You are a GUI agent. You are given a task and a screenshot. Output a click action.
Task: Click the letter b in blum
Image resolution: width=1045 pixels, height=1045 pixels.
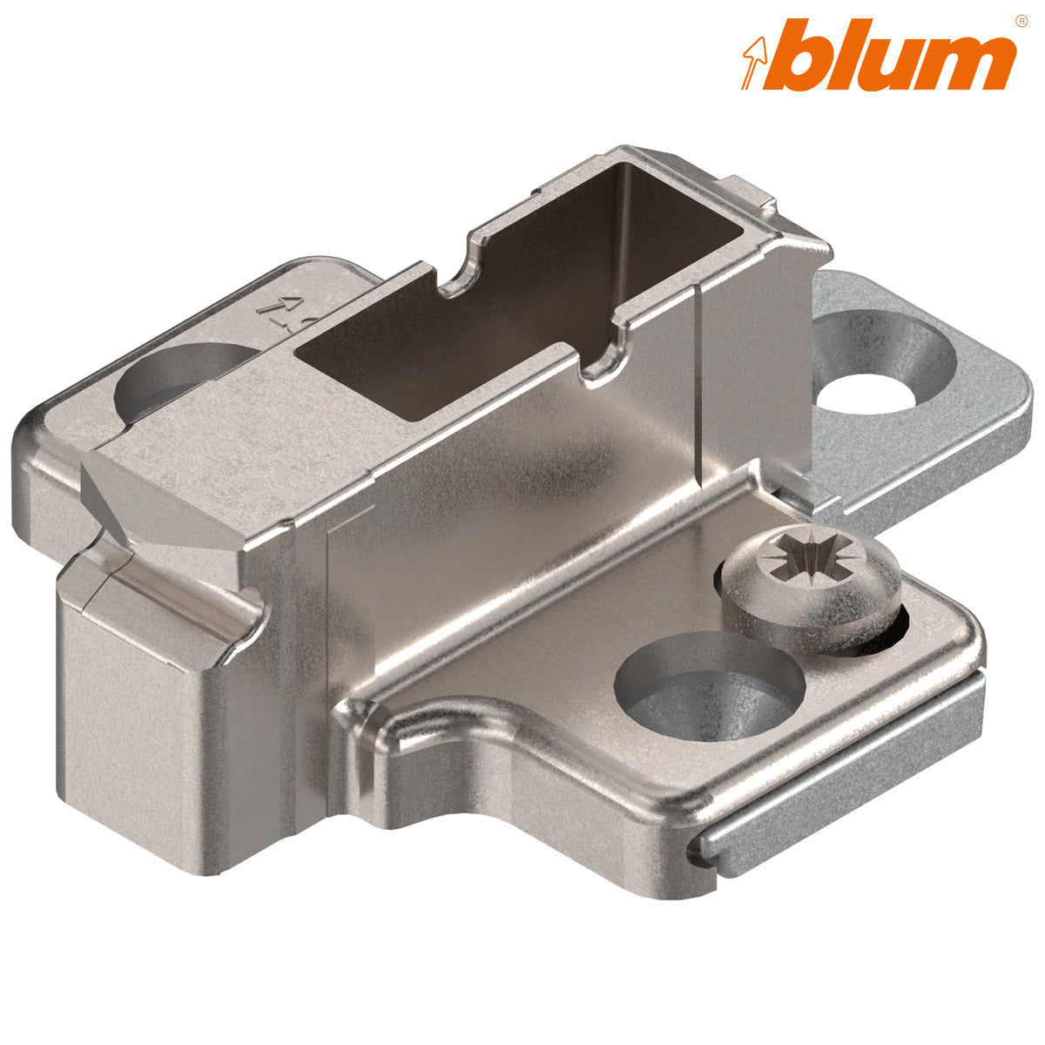[x=806, y=54]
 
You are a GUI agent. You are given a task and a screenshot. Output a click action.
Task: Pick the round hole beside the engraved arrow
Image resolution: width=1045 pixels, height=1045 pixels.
[x=179, y=383]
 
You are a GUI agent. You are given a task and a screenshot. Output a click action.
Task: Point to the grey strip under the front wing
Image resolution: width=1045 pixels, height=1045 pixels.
[x=836, y=766]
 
